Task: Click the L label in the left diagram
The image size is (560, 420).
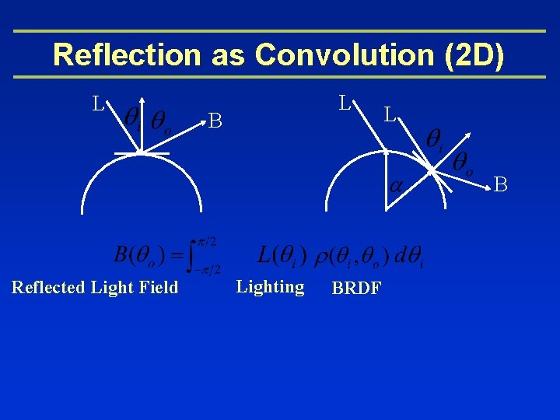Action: point(97,103)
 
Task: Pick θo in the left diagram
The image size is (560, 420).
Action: point(162,121)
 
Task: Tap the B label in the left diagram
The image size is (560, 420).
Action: point(215,121)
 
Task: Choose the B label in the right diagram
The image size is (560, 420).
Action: point(501,184)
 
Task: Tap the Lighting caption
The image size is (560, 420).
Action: point(270,287)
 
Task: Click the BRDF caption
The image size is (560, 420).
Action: point(356,289)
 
